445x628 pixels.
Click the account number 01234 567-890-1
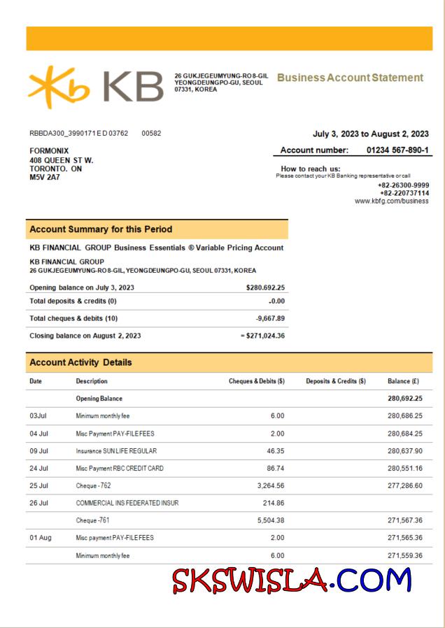(x=397, y=150)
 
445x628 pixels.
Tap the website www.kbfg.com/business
(x=392, y=201)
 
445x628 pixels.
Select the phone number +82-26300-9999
(x=404, y=185)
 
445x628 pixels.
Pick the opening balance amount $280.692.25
(x=265, y=287)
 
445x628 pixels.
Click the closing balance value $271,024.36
(x=264, y=336)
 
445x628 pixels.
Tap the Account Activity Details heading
(x=80, y=362)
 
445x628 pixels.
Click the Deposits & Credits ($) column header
(x=336, y=381)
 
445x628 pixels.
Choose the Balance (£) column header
(x=403, y=381)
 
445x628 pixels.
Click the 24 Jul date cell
(x=38, y=469)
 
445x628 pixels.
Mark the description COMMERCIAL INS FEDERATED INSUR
(x=127, y=503)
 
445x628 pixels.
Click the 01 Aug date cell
(x=39, y=538)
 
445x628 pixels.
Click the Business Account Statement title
(x=350, y=78)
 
